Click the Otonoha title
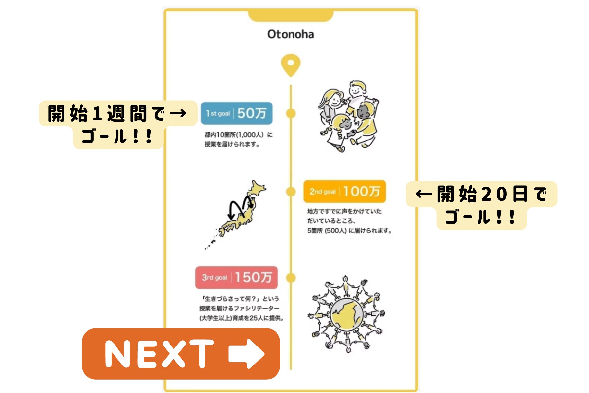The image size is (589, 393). point(291,34)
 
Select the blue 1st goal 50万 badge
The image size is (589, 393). point(236,113)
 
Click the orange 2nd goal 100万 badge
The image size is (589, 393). point(345,191)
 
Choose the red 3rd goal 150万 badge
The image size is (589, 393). point(237,277)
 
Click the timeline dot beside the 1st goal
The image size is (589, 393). point(291,113)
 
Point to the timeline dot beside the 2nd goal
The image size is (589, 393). point(291,192)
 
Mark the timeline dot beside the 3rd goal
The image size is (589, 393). point(291,278)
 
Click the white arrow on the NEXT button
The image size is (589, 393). point(246,354)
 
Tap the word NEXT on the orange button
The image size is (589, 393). point(159,354)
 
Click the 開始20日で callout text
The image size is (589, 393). point(481,194)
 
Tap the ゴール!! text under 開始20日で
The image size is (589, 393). point(481,217)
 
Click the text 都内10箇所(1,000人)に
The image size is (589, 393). point(238,135)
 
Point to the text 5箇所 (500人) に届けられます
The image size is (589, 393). point(349,231)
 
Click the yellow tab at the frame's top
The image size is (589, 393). point(291,15)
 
